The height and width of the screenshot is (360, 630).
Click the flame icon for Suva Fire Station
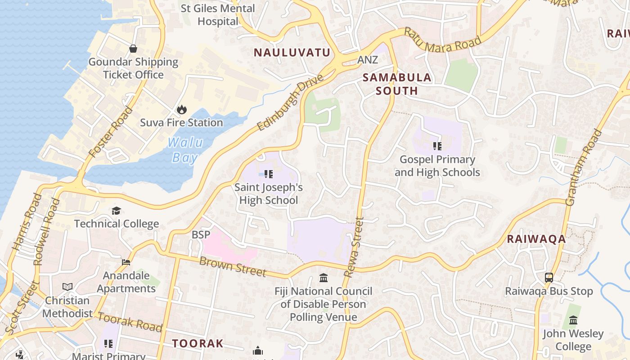[x=182, y=109]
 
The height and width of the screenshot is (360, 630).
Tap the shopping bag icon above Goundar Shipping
[x=133, y=49]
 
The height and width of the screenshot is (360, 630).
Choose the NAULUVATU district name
[x=292, y=53]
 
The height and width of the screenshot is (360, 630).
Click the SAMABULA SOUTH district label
[x=397, y=84]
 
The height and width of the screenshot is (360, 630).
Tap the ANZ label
[x=368, y=60]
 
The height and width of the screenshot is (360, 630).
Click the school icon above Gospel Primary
[x=437, y=146]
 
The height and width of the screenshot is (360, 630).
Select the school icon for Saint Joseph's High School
[x=269, y=174]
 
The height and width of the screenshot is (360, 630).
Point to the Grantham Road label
[x=584, y=167]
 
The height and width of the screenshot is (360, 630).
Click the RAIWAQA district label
[x=536, y=239]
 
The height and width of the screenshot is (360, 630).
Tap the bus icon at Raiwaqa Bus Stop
[x=549, y=278]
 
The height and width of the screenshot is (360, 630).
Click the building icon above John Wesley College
[x=573, y=320]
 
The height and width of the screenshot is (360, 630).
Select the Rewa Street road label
[x=353, y=247]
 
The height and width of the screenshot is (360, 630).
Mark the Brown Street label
[x=232, y=267]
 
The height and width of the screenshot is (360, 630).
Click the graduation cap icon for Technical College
[x=117, y=211]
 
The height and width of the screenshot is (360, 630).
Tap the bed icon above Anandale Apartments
[x=126, y=262]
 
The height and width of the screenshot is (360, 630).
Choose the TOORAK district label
[x=198, y=344]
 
